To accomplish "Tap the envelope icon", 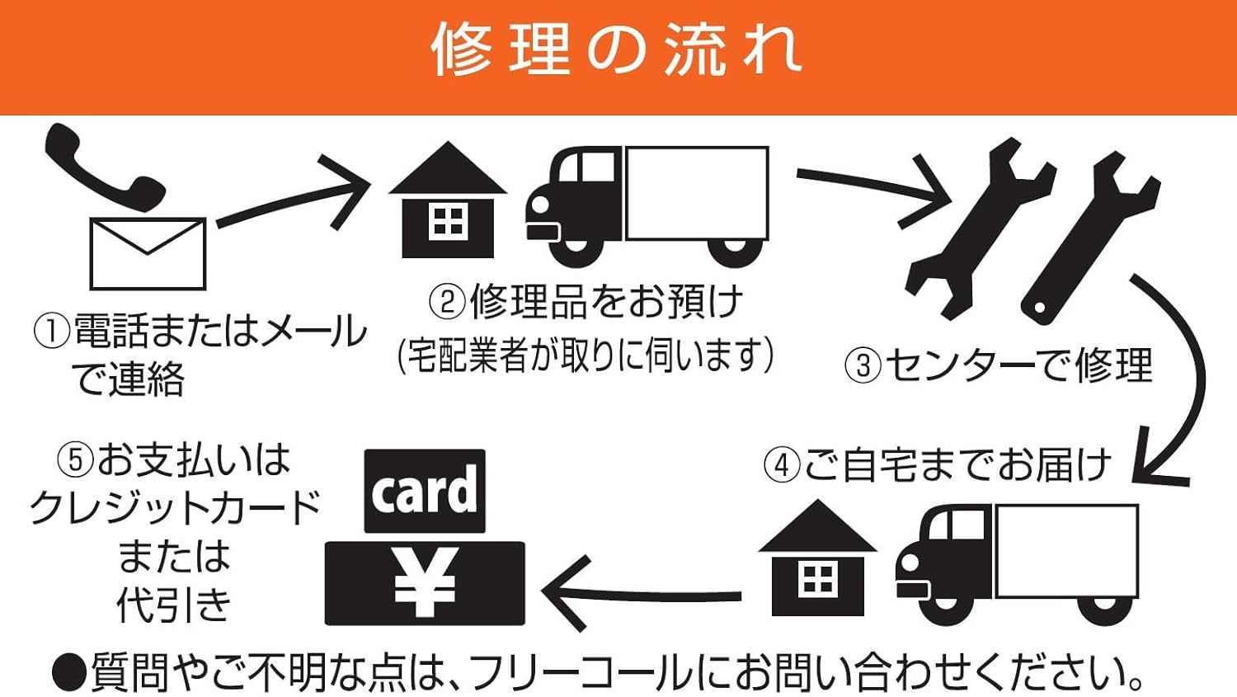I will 148,254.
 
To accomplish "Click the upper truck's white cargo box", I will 697,194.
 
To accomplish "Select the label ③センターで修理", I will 998,365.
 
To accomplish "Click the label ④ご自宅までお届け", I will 937,465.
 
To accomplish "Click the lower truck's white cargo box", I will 1066,551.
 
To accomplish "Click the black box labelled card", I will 425,492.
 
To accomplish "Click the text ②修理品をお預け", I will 586,302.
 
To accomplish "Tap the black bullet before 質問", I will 69,673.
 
